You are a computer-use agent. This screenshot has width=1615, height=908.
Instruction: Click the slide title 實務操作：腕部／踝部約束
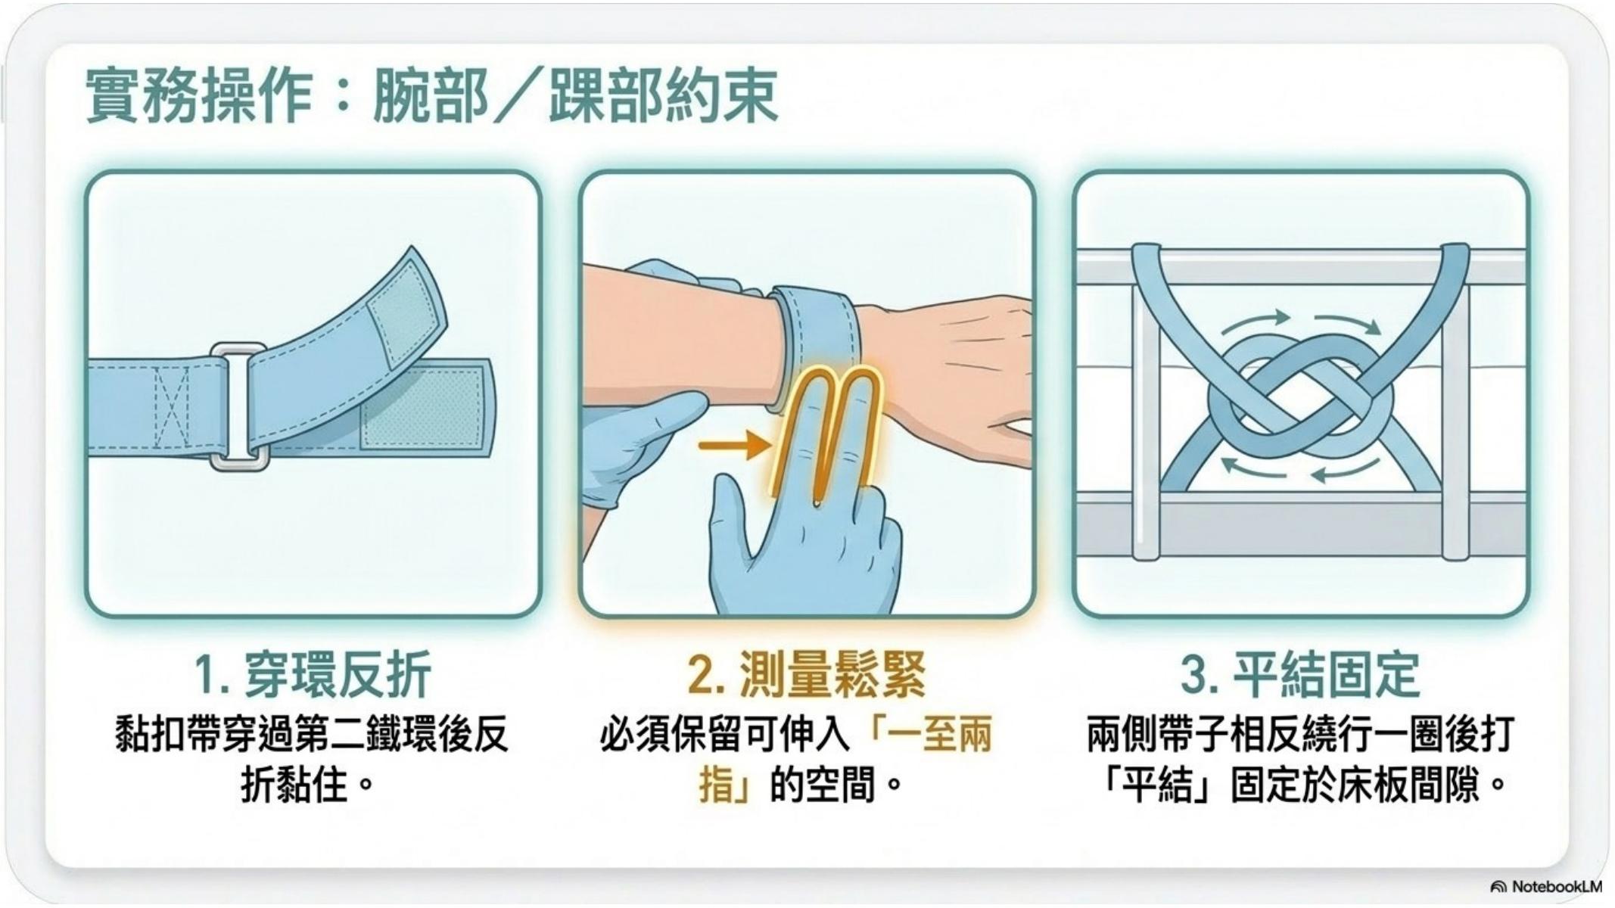tap(431, 96)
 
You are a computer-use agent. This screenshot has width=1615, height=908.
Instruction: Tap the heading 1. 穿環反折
tap(313, 673)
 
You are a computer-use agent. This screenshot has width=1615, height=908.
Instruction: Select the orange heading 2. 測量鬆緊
tap(807, 673)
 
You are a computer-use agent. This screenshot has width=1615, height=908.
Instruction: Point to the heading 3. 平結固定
tap(1300, 673)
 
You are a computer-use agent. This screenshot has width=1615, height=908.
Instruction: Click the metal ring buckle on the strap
tap(239, 406)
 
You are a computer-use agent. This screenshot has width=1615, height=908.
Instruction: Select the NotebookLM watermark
tap(1546, 886)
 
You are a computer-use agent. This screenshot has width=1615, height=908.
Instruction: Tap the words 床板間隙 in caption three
tap(1408, 785)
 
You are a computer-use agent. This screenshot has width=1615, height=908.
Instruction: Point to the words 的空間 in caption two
tap(822, 785)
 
